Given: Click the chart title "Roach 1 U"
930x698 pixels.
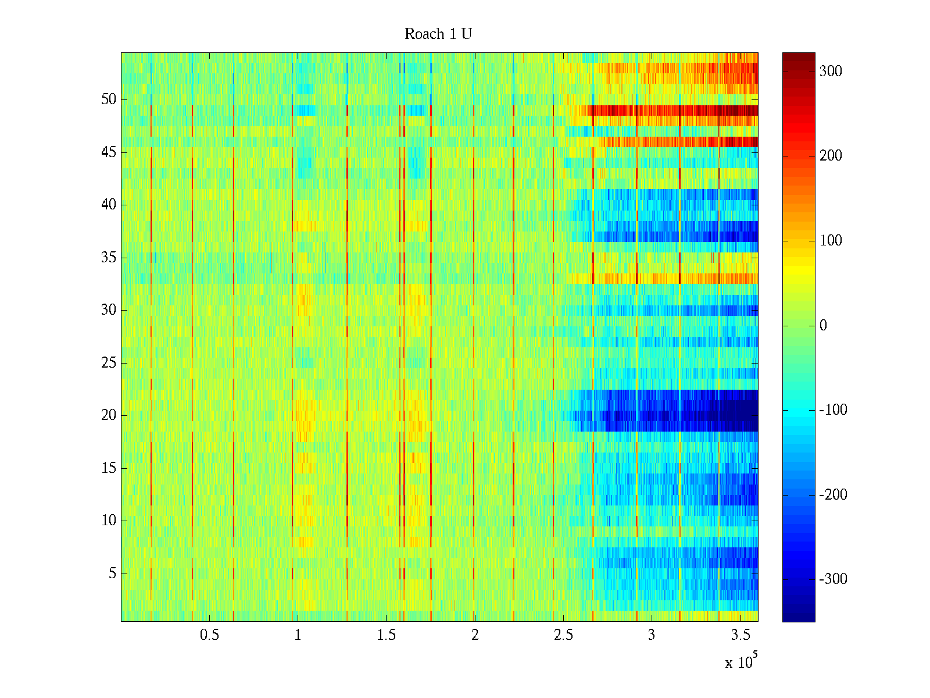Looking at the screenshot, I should point(438,34).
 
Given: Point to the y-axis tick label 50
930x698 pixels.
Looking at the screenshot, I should point(109,99).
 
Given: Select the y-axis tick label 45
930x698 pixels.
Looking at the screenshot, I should point(109,152).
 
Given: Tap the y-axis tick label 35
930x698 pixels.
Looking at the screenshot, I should point(109,258).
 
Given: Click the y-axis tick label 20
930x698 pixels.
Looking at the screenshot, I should point(109,415).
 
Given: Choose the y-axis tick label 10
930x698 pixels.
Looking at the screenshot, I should point(109,521).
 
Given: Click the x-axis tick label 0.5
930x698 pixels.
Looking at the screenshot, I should point(210,635).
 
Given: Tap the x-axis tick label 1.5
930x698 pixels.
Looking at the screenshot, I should point(387,635).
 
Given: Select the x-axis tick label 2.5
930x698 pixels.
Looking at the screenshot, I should point(563,635).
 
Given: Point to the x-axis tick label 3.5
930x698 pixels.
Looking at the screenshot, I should point(740,635).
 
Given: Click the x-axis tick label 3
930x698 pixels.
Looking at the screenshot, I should point(652,635).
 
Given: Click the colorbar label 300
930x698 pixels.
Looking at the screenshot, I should point(831,72).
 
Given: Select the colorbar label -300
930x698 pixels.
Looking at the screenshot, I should point(833,579).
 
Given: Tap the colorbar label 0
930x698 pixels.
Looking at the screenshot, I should point(823,326).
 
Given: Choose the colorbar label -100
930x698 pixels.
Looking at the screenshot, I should point(833,410).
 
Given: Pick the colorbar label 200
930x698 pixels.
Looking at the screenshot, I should point(831,156).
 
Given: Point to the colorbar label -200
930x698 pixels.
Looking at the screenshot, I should point(833,495).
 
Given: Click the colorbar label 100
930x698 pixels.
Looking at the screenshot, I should point(831,241).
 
